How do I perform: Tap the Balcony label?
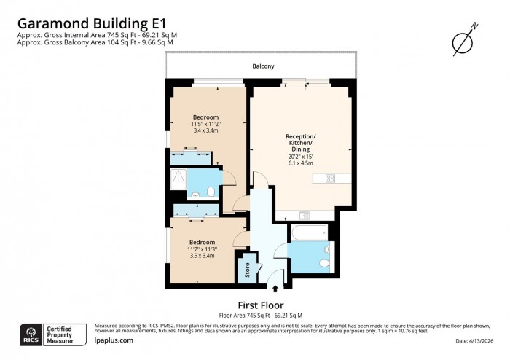click(264, 66)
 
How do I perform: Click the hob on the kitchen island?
click(329, 178)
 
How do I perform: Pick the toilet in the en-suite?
click(210, 192)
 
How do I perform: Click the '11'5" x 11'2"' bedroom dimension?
click(205, 124)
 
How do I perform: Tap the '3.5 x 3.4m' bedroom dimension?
click(202, 256)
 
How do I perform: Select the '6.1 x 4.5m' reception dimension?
click(299, 163)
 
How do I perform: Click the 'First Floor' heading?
click(260, 305)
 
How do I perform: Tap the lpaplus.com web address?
click(114, 340)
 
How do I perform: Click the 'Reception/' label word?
click(300, 137)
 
